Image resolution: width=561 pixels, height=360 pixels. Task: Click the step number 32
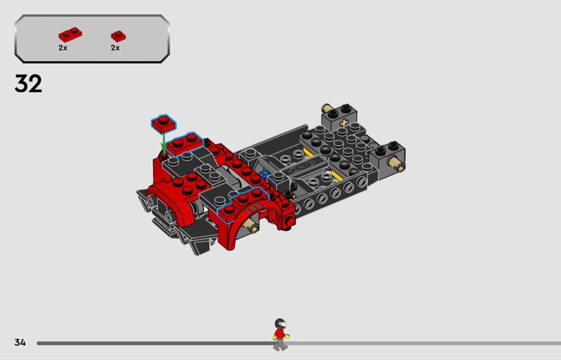(28, 84)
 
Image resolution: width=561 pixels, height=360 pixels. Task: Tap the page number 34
(20, 342)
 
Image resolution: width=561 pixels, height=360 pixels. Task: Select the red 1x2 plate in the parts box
(70, 35)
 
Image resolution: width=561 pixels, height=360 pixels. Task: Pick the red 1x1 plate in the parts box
(118, 36)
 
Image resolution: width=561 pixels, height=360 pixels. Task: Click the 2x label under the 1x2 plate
(63, 48)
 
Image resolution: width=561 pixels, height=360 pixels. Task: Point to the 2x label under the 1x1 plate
(115, 48)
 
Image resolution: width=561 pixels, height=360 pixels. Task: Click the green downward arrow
(163, 143)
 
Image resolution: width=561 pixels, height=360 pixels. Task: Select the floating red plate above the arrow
(163, 124)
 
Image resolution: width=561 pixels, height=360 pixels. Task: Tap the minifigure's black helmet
(280, 323)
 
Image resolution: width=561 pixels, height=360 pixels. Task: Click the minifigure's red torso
(280, 334)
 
